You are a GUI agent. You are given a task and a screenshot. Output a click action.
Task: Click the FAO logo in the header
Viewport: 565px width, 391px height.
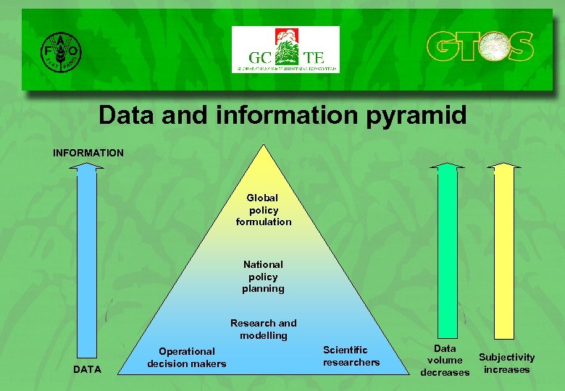pyautogui.click(x=60, y=51)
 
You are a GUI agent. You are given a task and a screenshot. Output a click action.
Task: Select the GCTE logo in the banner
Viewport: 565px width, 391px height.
pyautogui.click(x=285, y=49)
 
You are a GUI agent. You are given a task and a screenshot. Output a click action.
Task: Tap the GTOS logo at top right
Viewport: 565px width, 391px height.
pyautogui.click(x=479, y=47)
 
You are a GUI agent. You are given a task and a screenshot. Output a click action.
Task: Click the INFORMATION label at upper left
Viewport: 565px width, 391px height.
pyautogui.click(x=88, y=153)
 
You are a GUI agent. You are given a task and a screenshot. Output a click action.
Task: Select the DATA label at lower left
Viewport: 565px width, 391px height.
pyautogui.click(x=88, y=369)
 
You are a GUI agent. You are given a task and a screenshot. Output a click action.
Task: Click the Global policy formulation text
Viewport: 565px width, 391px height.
pyautogui.click(x=264, y=209)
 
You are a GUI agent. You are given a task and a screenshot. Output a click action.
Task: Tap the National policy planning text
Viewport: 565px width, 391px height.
pyautogui.click(x=263, y=276)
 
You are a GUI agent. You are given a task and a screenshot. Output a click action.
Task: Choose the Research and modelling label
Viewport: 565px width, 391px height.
pyautogui.click(x=263, y=329)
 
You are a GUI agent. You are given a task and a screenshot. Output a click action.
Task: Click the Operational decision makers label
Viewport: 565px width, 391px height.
pyautogui.click(x=187, y=357)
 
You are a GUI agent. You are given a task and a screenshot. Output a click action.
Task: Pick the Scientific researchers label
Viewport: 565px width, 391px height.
pyautogui.click(x=351, y=356)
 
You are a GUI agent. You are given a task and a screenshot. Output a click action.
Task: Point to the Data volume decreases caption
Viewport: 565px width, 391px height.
pyautogui.click(x=445, y=360)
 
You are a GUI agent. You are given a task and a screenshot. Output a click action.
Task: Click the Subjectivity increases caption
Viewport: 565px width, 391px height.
pyautogui.click(x=506, y=363)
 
